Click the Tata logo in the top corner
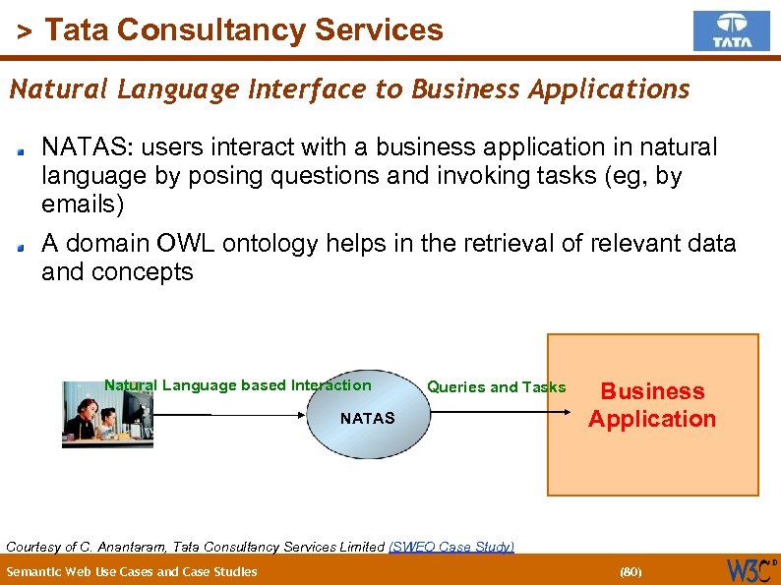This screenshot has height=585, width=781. pyautogui.click(x=731, y=30)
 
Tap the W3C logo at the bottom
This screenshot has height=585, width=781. pyautogui.click(x=750, y=569)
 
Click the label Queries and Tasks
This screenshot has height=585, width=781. pyautogui.click(x=496, y=387)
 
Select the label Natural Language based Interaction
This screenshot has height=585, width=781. pyautogui.click(x=238, y=385)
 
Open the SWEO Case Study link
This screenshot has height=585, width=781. pyautogui.click(x=451, y=547)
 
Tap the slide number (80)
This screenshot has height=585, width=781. pyautogui.click(x=630, y=571)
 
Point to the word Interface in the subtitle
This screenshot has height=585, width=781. pyautogui.click(x=308, y=89)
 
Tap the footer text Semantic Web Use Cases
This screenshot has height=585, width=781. pyautogui.click(x=131, y=571)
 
